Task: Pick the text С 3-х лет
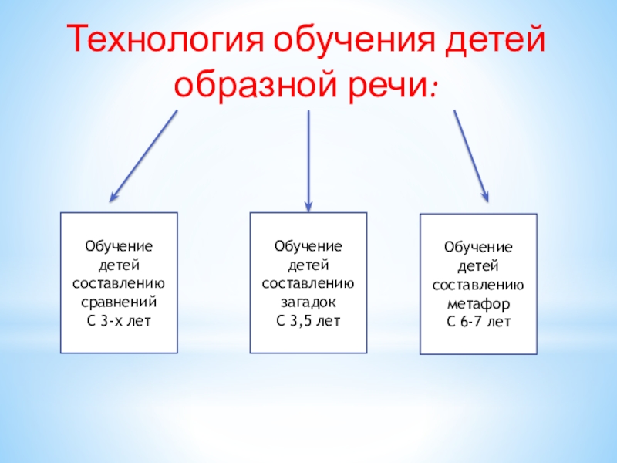tap(119, 319)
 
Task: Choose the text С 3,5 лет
tap(308, 319)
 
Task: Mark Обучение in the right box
tap(479, 248)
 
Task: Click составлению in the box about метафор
tap(479, 285)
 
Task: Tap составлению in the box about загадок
tap(308, 282)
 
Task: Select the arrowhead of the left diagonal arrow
tap(113, 198)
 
